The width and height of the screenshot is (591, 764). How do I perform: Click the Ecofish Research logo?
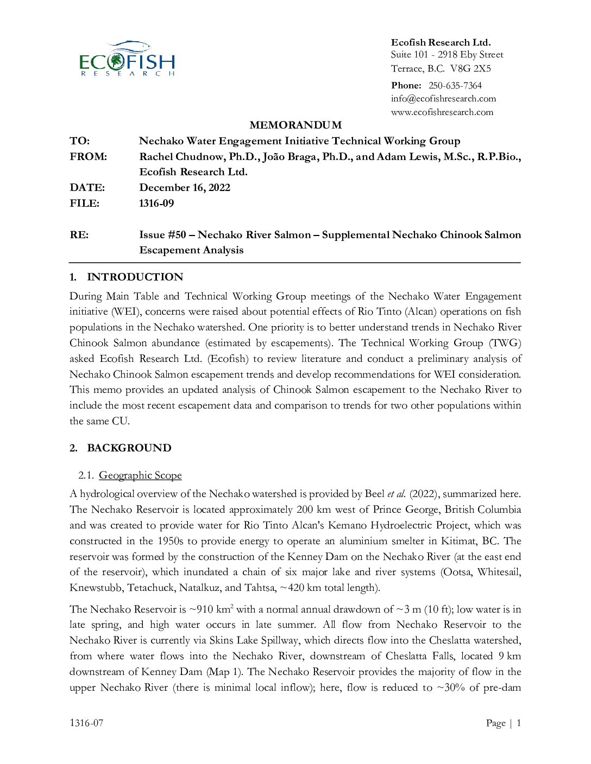pos(127,58)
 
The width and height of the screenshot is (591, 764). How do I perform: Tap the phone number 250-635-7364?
pos(455,85)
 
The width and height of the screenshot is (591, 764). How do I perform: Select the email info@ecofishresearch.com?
pos(443,98)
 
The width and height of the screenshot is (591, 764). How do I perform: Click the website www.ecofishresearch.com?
pos(442,112)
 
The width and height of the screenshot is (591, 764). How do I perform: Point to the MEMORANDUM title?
pos(295,125)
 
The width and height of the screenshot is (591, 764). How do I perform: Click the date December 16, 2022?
pos(185,187)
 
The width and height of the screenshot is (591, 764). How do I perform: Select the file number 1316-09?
pos(156,203)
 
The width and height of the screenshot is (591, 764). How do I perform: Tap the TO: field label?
pos(79,141)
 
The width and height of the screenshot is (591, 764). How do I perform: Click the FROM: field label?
pos(88,156)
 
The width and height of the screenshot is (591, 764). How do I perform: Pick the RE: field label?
pos(79,234)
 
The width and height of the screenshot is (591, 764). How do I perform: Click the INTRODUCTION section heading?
pos(135,277)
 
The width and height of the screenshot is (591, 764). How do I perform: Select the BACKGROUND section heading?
pos(129,448)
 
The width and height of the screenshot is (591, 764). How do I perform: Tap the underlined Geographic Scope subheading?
pos(140,475)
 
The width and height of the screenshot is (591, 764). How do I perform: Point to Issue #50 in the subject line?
pos(162,234)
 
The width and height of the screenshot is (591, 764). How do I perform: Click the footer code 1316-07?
pos(86,722)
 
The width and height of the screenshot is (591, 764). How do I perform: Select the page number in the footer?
pos(518,722)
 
